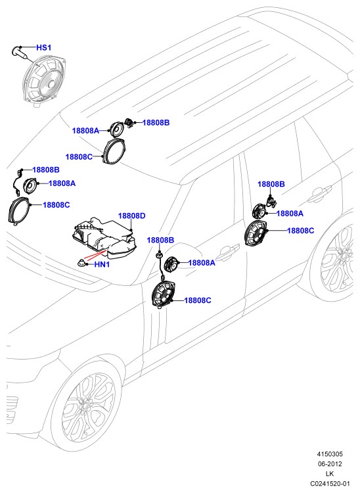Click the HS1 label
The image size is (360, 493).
43,47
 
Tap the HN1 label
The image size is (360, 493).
102,265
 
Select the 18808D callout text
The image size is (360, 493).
131,216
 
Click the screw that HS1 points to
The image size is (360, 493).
21,53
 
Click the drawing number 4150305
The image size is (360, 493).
330,454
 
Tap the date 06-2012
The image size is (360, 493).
330,464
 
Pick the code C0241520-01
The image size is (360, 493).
330,483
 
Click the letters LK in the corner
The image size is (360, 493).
330,473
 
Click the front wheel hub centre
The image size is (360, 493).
85,406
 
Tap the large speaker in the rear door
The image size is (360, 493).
256,233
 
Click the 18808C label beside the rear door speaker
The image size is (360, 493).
301,231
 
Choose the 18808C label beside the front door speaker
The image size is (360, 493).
198,300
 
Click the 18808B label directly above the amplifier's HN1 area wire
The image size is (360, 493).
160,241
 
